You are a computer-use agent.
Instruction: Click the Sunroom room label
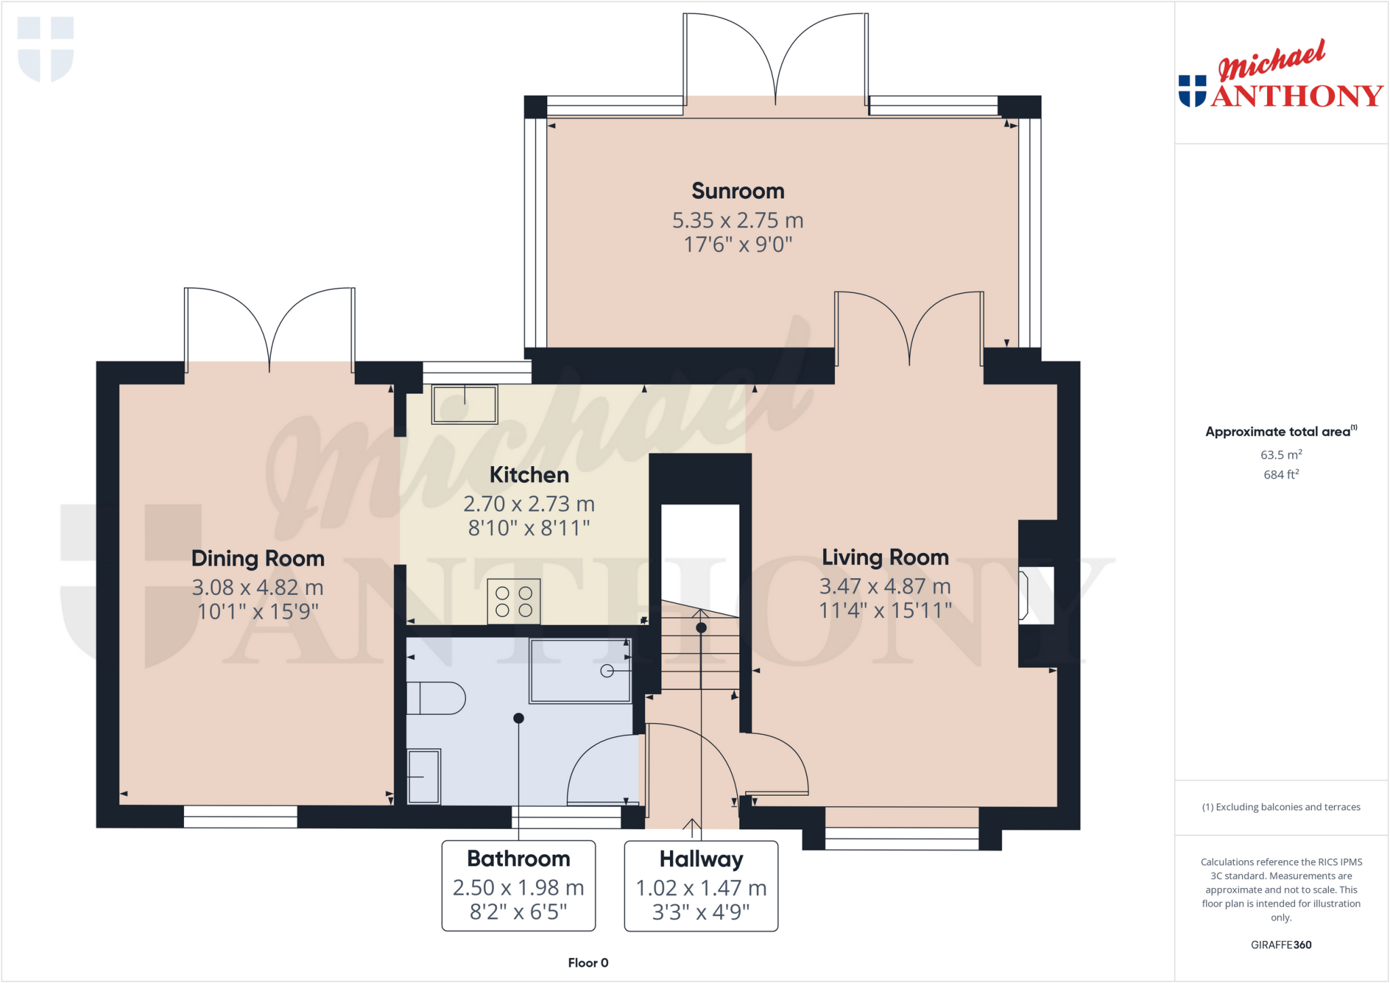tap(738, 191)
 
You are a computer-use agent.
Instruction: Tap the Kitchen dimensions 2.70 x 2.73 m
tap(529, 504)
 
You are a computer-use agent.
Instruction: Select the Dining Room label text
tap(258, 558)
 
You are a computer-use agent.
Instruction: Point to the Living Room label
tap(885, 557)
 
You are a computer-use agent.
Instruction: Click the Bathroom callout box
tap(519, 885)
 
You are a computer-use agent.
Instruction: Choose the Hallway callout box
tap(701, 886)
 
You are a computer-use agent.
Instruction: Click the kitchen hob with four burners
tap(514, 601)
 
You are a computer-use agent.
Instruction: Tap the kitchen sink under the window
tap(465, 404)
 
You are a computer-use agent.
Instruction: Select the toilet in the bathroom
tap(435, 698)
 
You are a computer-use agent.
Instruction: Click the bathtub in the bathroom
tap(580, 670)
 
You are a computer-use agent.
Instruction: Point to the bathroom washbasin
tap(424, 776)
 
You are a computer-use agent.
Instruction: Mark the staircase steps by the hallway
tap(700, 651)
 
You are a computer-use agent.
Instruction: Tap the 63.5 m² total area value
tap(1281, 455)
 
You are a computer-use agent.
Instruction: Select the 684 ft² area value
tap(1281, 475)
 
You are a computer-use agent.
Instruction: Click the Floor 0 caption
tap(588, 963)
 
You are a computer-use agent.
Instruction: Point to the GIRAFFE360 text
tap(1281, 944)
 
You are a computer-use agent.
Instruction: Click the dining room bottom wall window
tap(240, 816)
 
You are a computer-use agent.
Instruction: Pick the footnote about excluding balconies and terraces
tap(1281, 807)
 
